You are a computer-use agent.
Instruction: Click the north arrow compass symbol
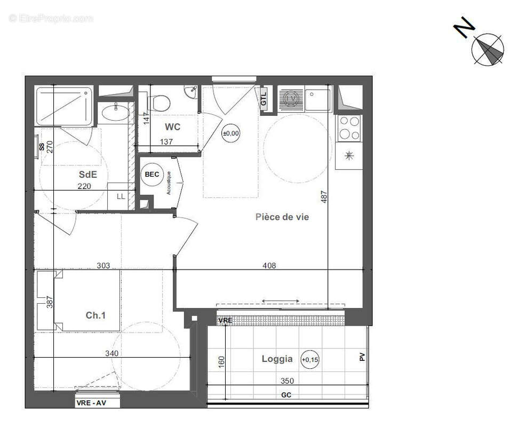click(x=487, y=49)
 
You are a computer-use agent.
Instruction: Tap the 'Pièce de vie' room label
click(x=282, y=217)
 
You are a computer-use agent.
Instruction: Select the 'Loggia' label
click(x=277, y=359)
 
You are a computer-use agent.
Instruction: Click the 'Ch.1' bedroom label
click(x=95, y=315)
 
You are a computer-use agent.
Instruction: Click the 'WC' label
click(x=172, y=127)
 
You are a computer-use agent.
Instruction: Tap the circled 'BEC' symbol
click(x=152, y=175)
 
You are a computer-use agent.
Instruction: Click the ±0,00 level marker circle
click(x=231, y=133)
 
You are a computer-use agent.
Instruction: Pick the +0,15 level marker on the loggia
click(x=309, y=359)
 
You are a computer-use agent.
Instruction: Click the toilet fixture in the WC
click(x=158, y=101)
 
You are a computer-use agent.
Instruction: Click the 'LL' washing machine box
click(x=121, y=196)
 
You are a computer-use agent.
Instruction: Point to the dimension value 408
click(x=269, y=266)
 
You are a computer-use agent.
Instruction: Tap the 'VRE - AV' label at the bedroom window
click(x=98, y=403)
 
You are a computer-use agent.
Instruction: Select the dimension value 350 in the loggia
click(x=286, y=382)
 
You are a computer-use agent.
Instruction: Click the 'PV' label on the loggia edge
click(x=363, y=357)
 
